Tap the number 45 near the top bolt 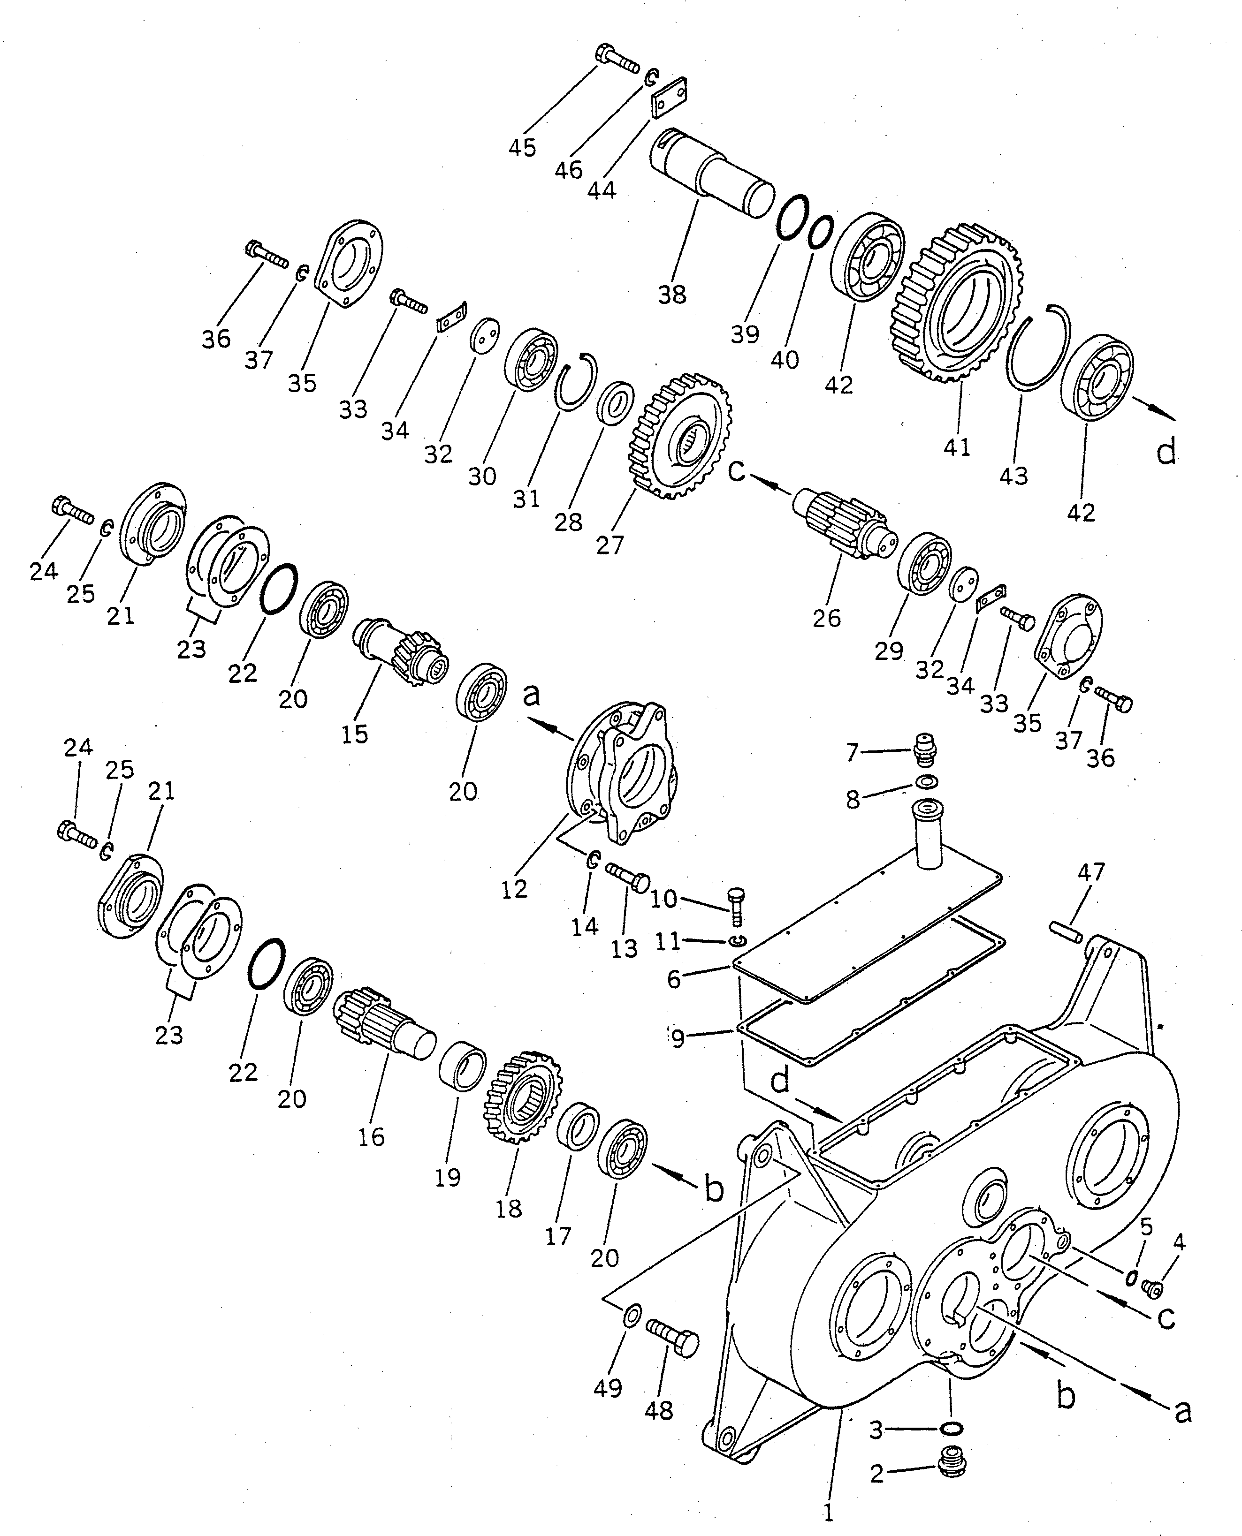522,148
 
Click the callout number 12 514,889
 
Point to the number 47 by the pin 1091,872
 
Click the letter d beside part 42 1166,452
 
